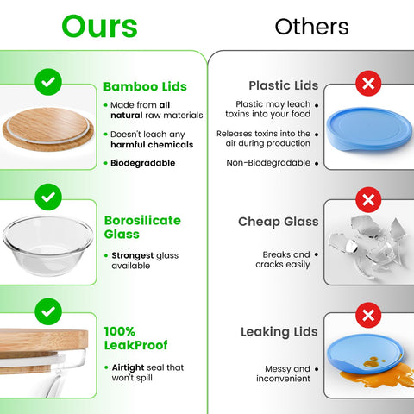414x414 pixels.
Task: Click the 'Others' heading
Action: click(x=311, y=27)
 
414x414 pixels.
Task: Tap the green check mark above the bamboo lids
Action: click(x=49, y=84)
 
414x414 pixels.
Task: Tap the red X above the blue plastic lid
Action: click(x=368, y=85)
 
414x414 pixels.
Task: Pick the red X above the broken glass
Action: click(x=368, y=200)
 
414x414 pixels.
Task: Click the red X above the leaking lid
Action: click(x=368, y=312)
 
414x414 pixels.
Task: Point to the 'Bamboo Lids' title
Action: click(x=145, y=86)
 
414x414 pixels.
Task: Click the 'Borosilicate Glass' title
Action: click(x=142, y=227)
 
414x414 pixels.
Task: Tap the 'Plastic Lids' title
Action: click(x=283, y=85)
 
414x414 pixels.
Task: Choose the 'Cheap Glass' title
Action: click(x=278, y=222)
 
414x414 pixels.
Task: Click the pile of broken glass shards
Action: click(x=371, y=241)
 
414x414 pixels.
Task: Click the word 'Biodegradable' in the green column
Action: click(x=142, y=162)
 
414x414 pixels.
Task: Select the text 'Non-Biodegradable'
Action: click(x=267, y=162)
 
